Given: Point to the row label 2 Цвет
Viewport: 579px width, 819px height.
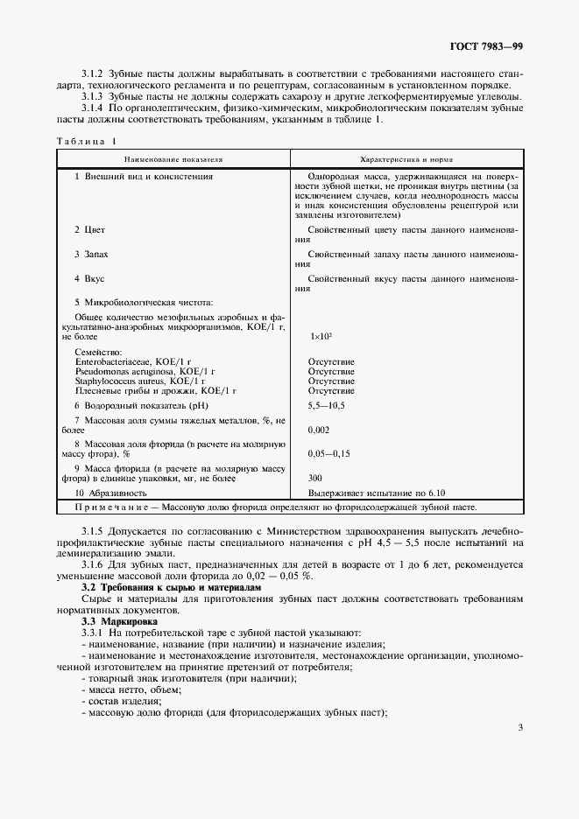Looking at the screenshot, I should click(89, 229).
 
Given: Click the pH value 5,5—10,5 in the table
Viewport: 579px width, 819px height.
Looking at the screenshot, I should click(328, 405).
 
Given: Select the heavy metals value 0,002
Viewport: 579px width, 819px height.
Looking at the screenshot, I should click(319, 430).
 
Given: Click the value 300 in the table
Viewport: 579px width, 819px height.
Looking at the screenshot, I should click(315, 479).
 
